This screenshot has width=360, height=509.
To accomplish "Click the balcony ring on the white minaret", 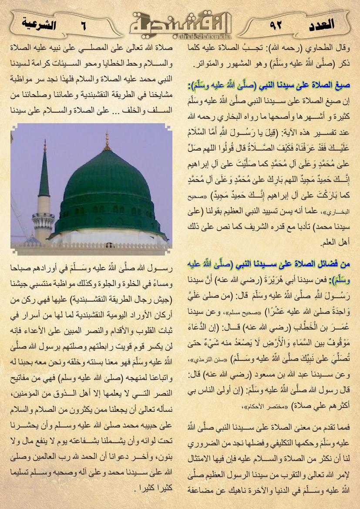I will (x=44, y=216).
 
